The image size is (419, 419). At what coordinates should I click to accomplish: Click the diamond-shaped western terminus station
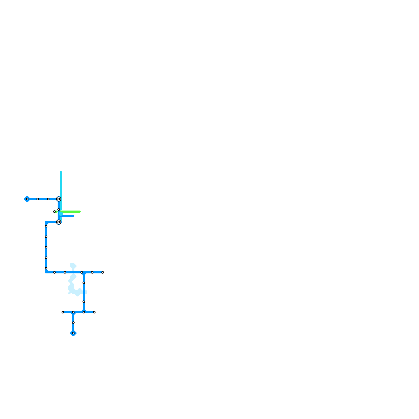[x=27, y=199]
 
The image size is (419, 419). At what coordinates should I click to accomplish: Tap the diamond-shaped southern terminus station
[x=73, y=333]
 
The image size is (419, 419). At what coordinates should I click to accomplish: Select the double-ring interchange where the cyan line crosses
[x=59, y=199]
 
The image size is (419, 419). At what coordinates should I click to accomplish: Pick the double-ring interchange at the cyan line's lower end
[x=59, y=222]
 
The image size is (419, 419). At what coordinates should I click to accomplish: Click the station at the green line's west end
[x=54, y=212]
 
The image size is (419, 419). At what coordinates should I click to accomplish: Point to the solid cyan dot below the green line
[x=61, y=214]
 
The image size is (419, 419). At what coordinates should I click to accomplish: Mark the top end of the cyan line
[x=61, y=172]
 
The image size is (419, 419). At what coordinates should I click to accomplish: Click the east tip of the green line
[x=80, y=212]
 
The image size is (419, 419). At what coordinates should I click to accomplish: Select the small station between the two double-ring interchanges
[x=59, y=210]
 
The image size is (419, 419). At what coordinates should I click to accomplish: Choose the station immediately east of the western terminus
[x=38, y=199]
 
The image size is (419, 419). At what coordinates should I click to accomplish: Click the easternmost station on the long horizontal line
[x=103, y=272]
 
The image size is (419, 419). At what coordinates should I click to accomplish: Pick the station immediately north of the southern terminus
[x=73, y=323]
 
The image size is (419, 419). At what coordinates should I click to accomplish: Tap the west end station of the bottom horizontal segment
[x=63, y=312]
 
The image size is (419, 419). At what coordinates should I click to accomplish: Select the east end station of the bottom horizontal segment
[x=94, y=312]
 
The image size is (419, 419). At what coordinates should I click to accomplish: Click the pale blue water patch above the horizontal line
[x=73, y=266]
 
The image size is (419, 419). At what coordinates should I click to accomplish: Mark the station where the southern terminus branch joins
[x=73, y=312]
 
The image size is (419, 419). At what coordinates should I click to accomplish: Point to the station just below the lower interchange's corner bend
[x=46, y=226]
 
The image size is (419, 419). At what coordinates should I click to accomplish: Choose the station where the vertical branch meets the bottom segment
[x=84, y=312]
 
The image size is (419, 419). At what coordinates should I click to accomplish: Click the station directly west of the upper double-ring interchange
[x=48, y=199]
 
